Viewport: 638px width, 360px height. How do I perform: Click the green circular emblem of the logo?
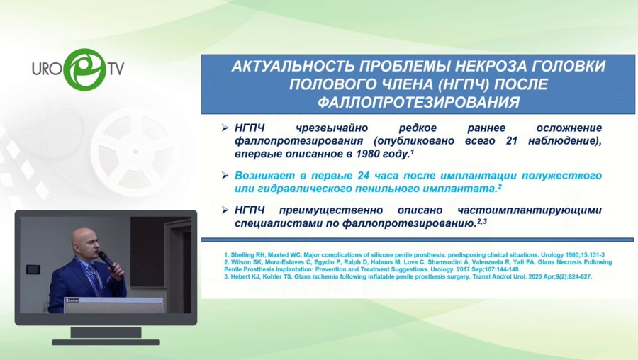pyautogui.click(x=84, y=69)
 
